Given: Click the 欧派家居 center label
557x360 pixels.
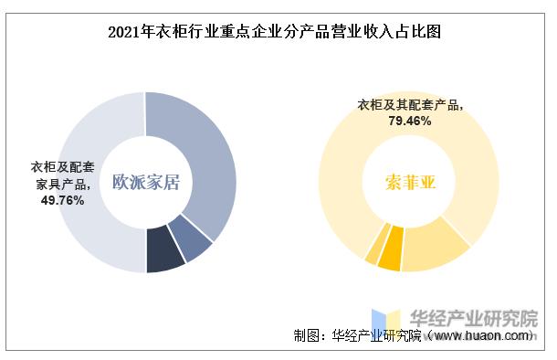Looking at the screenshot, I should [x=145, y=181].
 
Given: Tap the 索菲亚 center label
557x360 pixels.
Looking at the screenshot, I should [x=410, y=181].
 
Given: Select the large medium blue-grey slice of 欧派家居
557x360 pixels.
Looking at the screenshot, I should [x=205, y=155].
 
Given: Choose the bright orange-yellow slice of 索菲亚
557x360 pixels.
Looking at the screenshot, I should [x=391, y=254].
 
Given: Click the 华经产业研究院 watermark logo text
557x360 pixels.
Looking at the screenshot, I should [x=474, y=319].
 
